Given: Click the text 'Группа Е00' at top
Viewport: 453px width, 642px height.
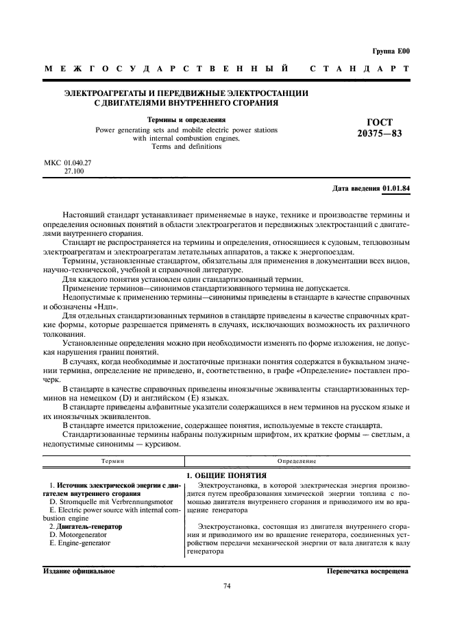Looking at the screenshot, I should pyautogui.click(x=390, y=51).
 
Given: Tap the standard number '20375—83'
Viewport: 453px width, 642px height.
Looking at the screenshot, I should pyautogui.click(x=379, y=133).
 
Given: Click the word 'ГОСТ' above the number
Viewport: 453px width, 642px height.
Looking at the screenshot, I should pyautogui.click(x=380, y=121).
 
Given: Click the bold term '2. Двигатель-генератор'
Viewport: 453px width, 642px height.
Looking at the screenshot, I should pyautogui.click(x=86, y=526).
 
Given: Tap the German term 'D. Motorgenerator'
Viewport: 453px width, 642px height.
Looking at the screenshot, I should pyautogui.click(x=77, y=534).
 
